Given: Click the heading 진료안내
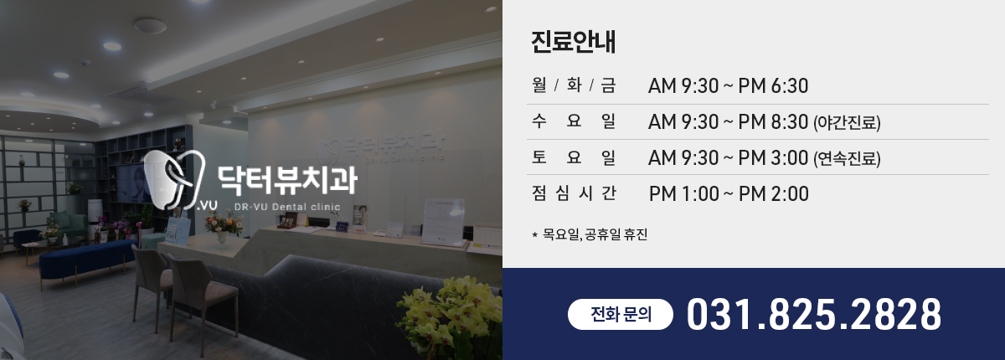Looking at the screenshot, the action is pos(574,42).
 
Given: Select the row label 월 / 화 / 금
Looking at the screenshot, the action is pos(574,85).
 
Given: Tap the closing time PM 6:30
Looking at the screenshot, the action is pos(773,85).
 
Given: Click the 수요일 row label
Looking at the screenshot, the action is pos(574,121).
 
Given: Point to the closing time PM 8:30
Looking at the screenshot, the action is pos(773,122).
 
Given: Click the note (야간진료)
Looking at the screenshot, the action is pos(847,122).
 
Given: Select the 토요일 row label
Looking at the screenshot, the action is pos(574,157).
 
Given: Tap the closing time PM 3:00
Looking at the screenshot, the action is pos(773,158).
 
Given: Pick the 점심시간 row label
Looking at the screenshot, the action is pos(574,193).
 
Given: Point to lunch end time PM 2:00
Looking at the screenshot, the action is pos(774,194).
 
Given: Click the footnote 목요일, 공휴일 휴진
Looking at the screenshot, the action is pos(595,234).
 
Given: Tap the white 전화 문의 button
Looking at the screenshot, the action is pos(621,314).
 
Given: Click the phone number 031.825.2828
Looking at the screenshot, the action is pos(814,314).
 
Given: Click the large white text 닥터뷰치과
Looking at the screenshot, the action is pos(287,180).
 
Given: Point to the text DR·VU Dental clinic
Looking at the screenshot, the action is pos(287,207).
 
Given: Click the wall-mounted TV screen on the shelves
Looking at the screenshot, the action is pos(135,184).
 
